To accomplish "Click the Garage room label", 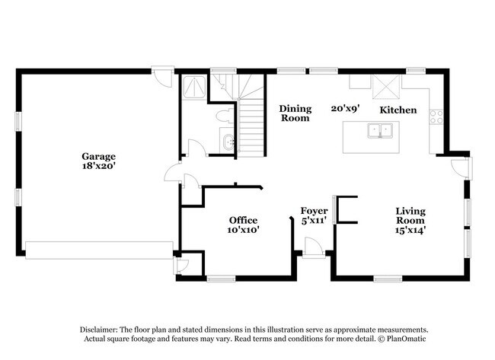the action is [98, 156].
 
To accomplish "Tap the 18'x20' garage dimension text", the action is [98, 166].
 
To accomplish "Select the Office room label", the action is [243, 220].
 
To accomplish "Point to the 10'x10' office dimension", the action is [243, 230].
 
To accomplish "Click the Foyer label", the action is [314, 211].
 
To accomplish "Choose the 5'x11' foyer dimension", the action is [314, 220].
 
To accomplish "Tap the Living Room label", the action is [410, 215].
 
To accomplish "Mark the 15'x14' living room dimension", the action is [410, 230].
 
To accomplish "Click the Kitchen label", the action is [398, 110].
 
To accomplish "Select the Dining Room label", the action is [295, 113].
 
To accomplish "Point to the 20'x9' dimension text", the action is [346, 109].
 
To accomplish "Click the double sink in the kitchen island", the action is [380, 131].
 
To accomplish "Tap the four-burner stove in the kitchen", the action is [436, 116].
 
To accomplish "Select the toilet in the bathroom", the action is [225, 116].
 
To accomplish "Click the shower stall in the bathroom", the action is [194, 87].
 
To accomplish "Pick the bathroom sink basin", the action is [228, 142].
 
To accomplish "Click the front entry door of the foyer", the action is [314, 248].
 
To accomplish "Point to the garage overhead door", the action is [99, 250].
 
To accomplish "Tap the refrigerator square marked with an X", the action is [386, 87].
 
